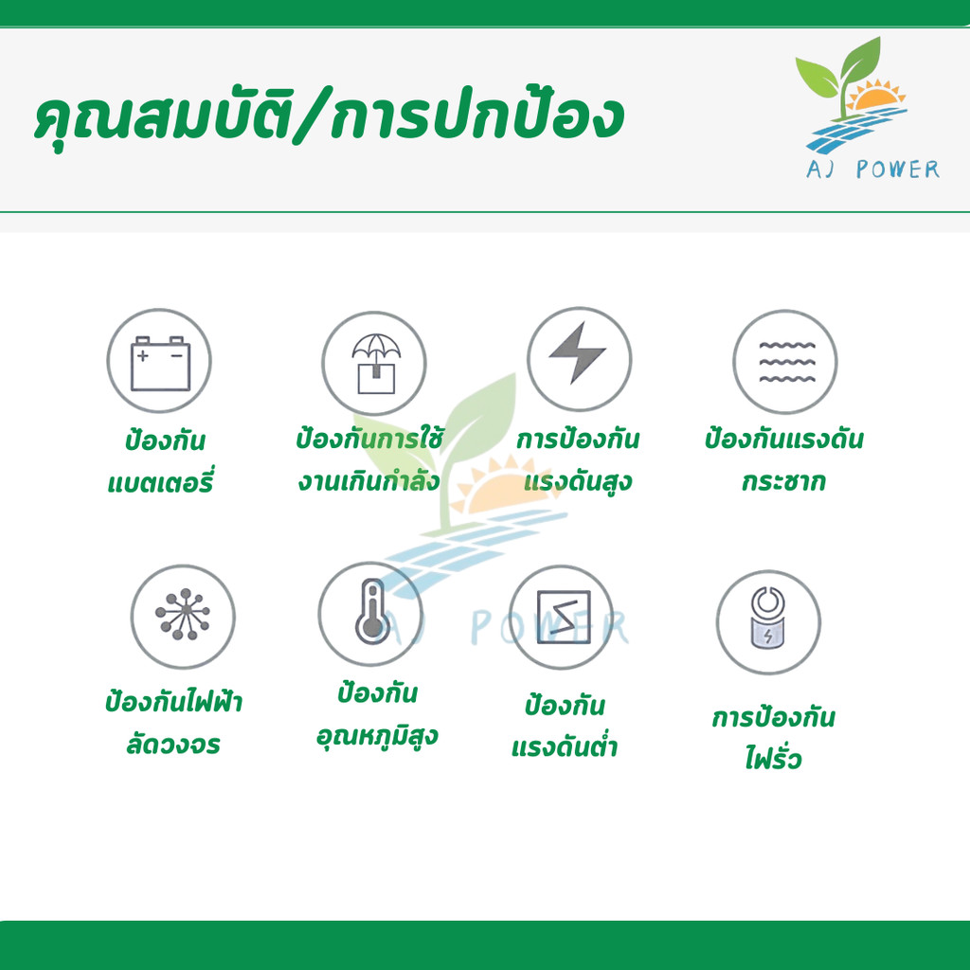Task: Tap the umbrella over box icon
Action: point(376,364)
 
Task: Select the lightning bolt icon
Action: point(577,352)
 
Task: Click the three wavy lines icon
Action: point(787,362)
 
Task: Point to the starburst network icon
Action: point(183,614)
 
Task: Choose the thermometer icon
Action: point(372,611)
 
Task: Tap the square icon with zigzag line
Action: point(564,617)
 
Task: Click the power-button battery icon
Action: point(767,618)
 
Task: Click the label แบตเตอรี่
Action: point(160,482)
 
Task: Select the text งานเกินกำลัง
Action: point(369,480)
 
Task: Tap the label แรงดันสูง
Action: point(578,481)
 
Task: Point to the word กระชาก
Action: point(783,480)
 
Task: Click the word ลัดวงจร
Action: point(173,745)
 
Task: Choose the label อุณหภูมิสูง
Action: point(377,736)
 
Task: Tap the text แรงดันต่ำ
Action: point(565,746)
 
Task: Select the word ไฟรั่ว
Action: point(773,757)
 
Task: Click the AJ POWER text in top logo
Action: point(872,169)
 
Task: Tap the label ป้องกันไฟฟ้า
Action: point(173,702)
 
